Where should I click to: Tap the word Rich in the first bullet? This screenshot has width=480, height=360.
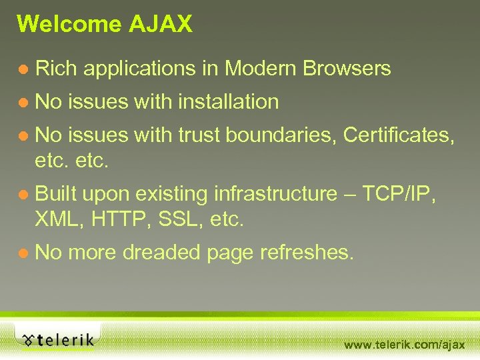pyautogui.click(x=57, y=68)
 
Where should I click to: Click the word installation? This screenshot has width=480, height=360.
pyautogui.click(x=228, y=102)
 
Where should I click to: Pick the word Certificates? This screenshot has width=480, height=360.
pyautogui.click(x=399, y=135)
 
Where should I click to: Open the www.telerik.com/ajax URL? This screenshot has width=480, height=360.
pyautogui.click(x=404, y=345)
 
